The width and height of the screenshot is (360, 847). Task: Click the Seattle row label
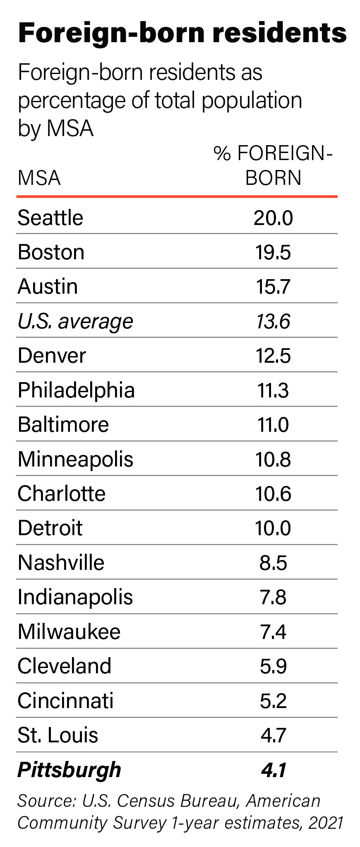click(50, 218)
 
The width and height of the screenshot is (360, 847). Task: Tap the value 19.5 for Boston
click(273, 252)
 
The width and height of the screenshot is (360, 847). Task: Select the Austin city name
click(48, 287)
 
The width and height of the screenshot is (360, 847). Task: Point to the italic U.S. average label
click(75, 321)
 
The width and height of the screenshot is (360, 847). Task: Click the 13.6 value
click(273, 321)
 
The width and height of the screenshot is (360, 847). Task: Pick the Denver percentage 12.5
click(273, 356)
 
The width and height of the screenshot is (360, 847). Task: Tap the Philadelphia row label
click(76, 390)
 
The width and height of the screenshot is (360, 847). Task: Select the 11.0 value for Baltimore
click(273, 425)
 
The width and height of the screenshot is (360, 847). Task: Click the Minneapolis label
click(75, 459)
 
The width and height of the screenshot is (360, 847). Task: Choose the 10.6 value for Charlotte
click(273, 494)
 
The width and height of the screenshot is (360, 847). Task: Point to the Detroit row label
click(50, 528)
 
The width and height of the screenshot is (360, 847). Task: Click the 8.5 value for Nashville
click(273, 563)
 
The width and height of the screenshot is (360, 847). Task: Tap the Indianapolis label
click(75, 597)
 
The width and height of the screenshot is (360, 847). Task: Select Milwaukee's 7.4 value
click(273, 632)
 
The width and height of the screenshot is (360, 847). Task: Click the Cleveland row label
click(65, 666)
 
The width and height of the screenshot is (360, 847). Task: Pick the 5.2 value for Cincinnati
click(273, 701)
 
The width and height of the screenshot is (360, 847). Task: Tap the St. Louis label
click(58, 735)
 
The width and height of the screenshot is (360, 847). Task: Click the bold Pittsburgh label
click(69, 770)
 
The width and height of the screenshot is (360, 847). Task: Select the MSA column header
click(39, 178)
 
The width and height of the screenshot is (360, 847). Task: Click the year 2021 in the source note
click(326, 823)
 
